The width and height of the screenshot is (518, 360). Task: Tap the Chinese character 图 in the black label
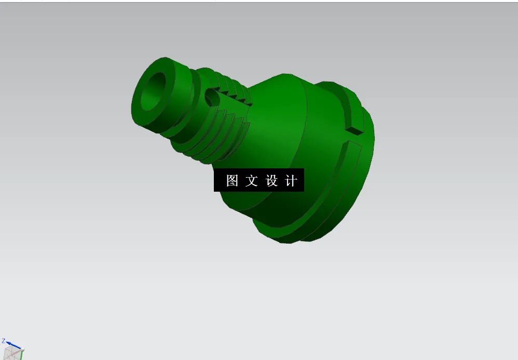click(232, 180)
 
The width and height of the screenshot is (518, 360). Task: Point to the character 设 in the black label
click(271, 180)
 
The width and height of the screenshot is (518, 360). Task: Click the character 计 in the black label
click(291, 180)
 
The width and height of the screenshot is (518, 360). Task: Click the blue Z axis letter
click(3, 341)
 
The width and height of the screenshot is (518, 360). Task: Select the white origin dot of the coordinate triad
click(21, 349)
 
